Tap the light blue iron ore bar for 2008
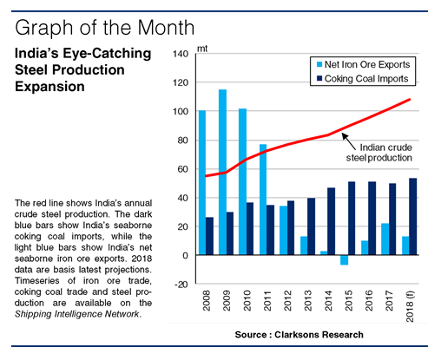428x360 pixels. coord(202,182)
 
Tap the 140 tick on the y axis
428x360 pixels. coord(181,54)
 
